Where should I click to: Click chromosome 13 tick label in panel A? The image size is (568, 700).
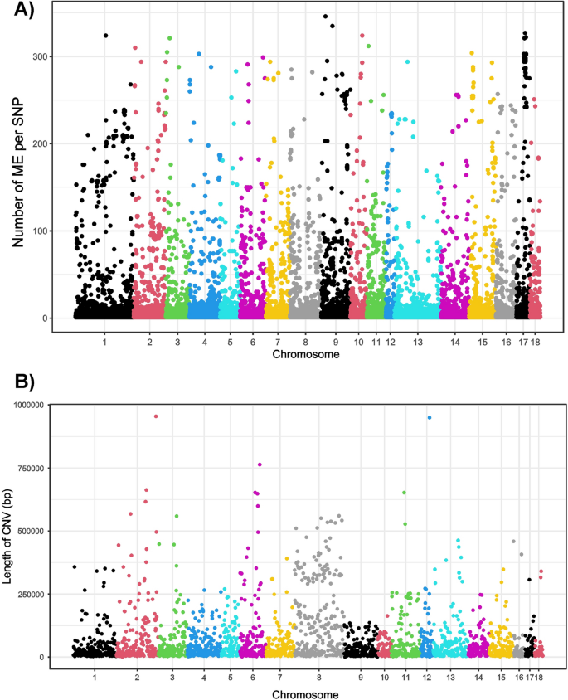(417, 342)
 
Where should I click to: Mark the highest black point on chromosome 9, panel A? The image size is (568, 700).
(325, 17)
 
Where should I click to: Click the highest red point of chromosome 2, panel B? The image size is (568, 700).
(156, 416)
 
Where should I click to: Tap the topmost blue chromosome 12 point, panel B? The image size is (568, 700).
(429, 418)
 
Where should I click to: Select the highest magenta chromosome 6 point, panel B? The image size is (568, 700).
(260, 464)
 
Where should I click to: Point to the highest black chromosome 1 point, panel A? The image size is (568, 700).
(105, 36)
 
